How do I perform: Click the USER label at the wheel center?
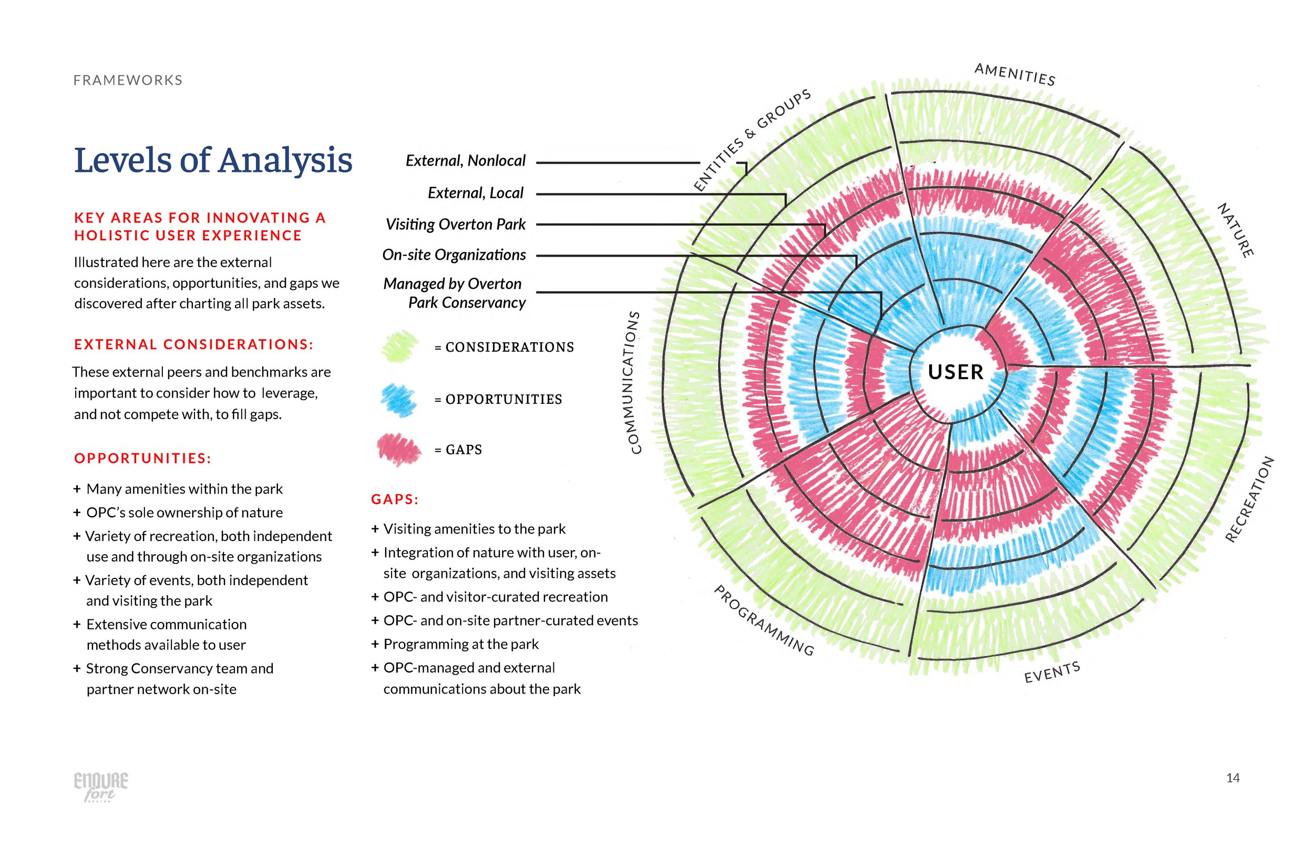click(955, 372)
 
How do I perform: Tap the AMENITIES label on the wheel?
click(1014, 75)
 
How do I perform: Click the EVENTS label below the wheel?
click(1052, 672)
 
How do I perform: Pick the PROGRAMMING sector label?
click(763, 620)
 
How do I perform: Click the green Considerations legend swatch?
click(401, 346)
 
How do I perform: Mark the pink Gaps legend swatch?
click(399, 450)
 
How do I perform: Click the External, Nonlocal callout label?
click(465, 160)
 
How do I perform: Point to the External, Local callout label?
click(476, 193)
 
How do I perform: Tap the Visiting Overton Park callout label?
click(455, 224)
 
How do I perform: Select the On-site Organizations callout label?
click(454, 255)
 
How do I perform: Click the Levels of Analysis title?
click(213, 160)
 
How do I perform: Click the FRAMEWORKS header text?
click(128, 80)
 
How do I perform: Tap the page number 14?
click(1233, 777)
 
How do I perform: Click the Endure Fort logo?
click(101, 786)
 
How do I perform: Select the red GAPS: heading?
click(395, 500)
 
